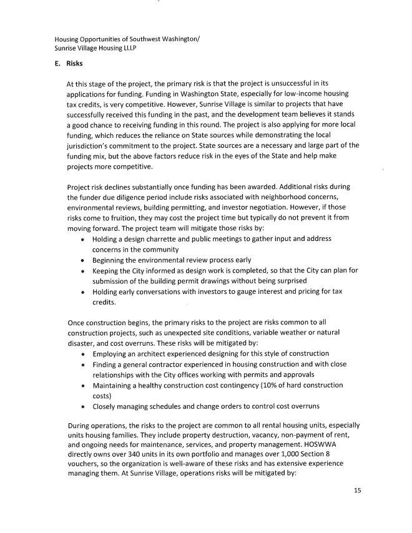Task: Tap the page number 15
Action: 357,491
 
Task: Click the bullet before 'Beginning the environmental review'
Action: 84,260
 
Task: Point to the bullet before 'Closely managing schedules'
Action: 84,406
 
